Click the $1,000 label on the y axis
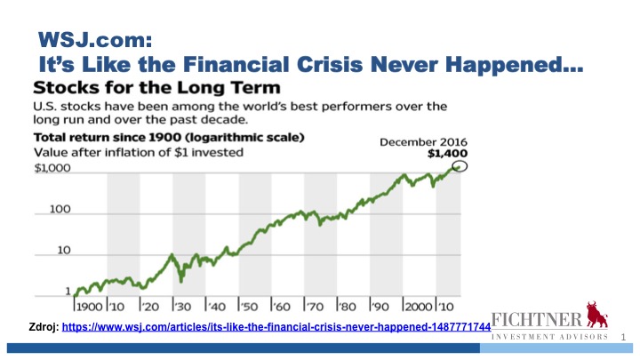(x=52, y=168)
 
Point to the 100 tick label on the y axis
(x=60, y=210)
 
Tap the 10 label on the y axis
(x=64, y=250)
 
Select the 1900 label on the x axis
(x=90, y=307)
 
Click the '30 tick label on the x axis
(x=183, y=307)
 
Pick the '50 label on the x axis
(x=249, y=307)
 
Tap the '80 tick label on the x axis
(x=348, y=307)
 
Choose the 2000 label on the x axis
(x=419, y=307)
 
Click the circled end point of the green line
(x=460, y=166)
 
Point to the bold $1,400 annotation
(x=447, y=154)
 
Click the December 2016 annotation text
(x=423, y=142)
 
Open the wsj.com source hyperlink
(x=276, y=327)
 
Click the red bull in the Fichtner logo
(x=596, y=315)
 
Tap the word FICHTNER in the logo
(x=537, y=320)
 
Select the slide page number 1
(x=623, y=337)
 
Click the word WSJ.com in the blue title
(x=95, y=40)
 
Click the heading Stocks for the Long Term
(x=156, y=88)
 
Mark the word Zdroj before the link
(x=44, y=327)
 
